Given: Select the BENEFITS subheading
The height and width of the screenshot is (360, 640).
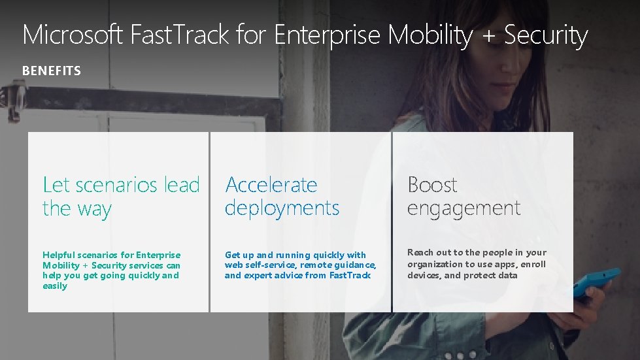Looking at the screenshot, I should [x=52, y=71].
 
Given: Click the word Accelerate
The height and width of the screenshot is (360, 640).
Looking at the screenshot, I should [x=271, y=185].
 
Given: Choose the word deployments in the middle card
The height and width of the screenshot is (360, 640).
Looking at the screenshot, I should [x=282, y=208].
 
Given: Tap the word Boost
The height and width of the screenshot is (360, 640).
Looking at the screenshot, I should [x=432, y=185].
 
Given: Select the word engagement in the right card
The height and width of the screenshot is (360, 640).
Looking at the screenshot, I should [x=463, y=208].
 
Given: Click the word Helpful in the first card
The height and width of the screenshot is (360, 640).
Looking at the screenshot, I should [x=58, y=255].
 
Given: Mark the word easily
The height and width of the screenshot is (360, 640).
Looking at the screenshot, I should [x=55, y=286].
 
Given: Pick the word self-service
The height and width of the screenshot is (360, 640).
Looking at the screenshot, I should [x=270, y=265].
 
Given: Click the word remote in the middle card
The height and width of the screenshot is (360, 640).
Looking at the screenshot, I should [x=316, y=265].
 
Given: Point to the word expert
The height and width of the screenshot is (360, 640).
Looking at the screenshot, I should [x=260, y=276].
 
